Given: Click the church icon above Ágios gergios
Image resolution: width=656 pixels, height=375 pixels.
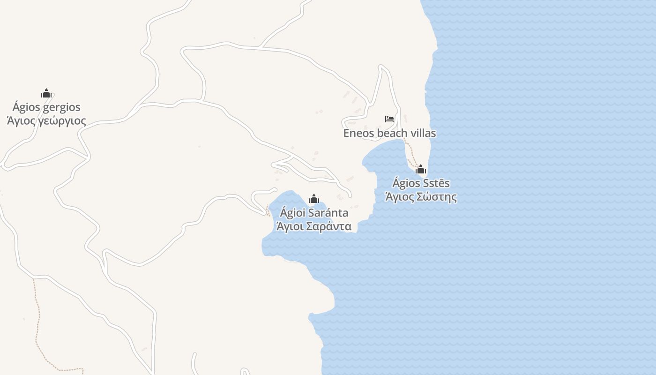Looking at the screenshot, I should [46, 93].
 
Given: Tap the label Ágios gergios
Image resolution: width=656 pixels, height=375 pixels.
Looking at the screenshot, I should [46, 107].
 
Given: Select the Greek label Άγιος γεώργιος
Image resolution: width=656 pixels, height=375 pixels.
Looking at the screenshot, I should [46, 121].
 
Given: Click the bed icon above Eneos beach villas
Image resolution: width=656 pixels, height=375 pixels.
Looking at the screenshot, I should [389, 119].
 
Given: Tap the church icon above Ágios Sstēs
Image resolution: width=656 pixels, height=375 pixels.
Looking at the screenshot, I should [421, 169].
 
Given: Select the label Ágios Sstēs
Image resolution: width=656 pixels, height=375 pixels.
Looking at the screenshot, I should [421, 183].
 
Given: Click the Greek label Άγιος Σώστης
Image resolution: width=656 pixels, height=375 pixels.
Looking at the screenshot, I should [421, 197].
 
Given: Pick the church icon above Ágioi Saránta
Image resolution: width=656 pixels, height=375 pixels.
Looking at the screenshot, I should [314, 199].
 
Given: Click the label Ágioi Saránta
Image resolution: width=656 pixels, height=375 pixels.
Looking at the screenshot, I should [314, 213].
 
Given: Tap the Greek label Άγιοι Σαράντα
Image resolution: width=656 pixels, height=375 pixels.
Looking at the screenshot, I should [314, 227].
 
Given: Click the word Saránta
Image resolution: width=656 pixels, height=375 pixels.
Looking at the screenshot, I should [328, 213].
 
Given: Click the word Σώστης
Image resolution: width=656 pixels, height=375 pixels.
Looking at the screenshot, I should [438, 197].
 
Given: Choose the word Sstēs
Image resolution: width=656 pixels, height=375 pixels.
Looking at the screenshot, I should [437, 183].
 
